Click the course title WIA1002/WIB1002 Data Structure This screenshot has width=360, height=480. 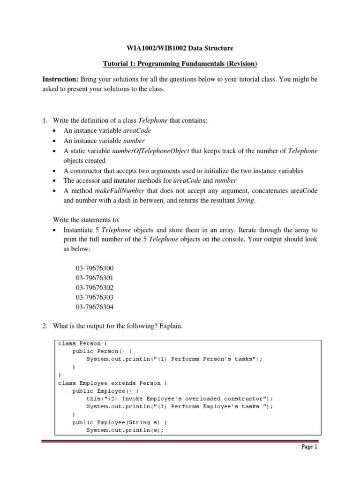click(180, 48)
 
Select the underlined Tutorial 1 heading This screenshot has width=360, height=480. click(180, 63)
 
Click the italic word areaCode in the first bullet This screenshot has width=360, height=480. click(136, 131)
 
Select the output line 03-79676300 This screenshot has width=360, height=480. click(95, 268)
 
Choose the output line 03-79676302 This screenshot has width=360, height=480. click(95, 287)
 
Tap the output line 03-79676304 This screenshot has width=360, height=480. click(95, 307)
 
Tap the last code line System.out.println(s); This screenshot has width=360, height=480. click(125, 430)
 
